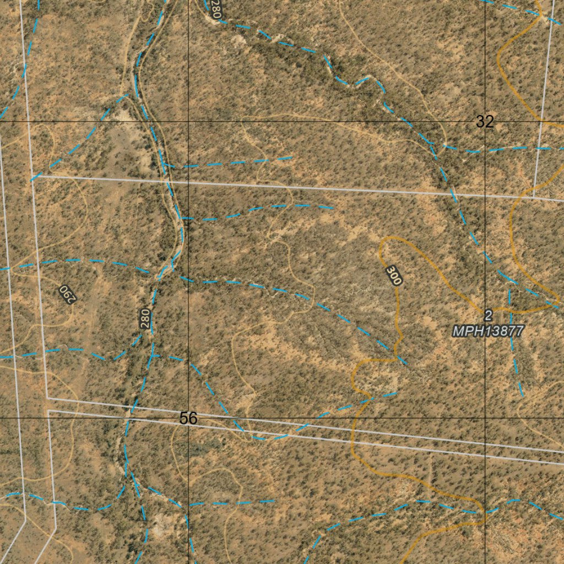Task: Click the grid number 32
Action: [485, 122]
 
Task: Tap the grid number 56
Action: [188, 419]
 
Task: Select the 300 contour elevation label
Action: [393, 275]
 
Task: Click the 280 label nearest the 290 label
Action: [145, 319]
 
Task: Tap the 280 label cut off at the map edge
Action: [214, 9]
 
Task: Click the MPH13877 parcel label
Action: [487, 331]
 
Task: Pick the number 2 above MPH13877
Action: [488, 316]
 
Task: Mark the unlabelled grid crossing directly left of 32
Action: [188, 121]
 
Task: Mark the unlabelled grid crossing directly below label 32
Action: [485, 418]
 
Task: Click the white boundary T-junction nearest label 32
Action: [534, 197]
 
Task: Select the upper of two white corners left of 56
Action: [47, 398]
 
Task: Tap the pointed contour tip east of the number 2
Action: [558, 304]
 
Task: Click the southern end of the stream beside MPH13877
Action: [522, 395]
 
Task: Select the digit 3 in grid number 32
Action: [481, 122]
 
